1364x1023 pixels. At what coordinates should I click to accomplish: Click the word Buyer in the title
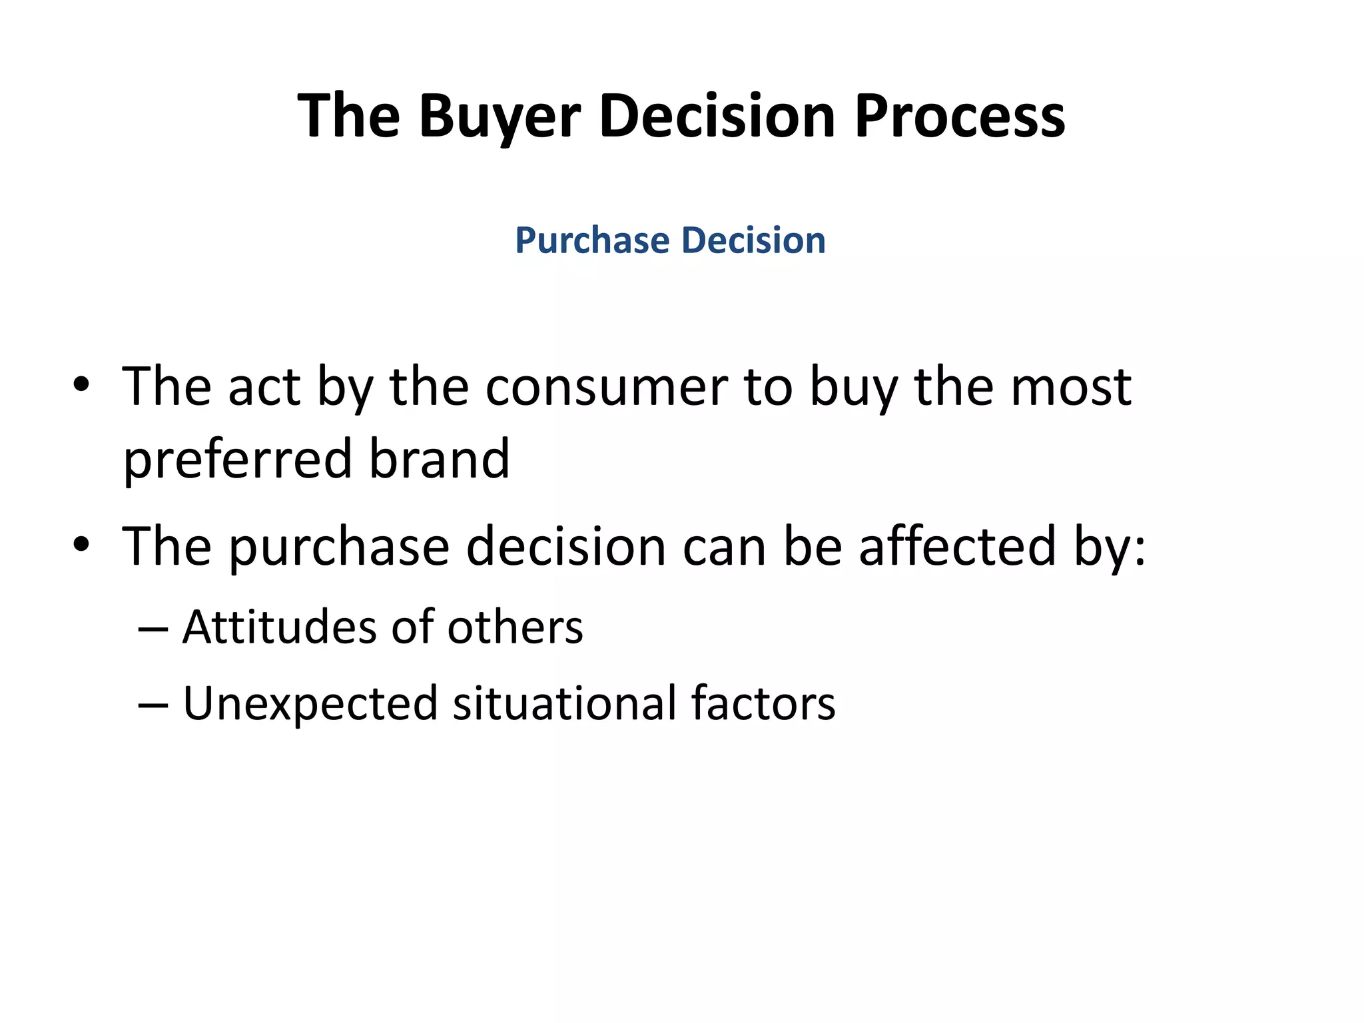500,117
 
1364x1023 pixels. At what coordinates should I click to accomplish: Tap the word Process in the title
959,117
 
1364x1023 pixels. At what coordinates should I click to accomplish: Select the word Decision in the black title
717,117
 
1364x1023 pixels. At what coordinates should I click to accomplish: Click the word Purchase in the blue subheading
591,240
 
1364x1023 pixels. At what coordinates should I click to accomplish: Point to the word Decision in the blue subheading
753,240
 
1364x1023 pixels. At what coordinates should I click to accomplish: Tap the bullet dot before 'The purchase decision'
81,545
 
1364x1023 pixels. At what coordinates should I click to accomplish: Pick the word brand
439,460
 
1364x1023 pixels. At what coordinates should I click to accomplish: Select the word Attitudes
279,627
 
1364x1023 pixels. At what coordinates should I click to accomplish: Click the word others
515,627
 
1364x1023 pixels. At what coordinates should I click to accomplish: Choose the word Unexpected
310,705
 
